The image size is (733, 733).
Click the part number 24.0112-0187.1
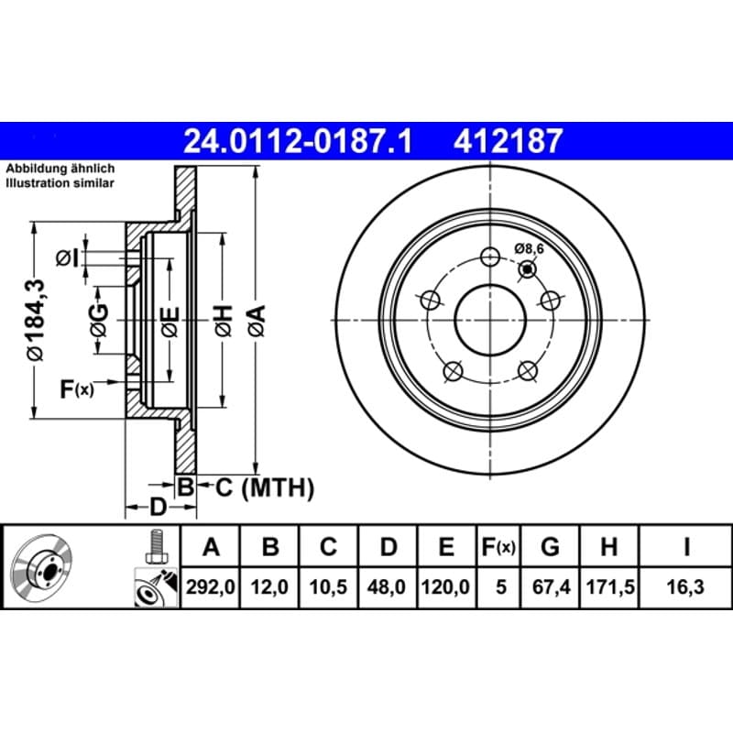(298, 141)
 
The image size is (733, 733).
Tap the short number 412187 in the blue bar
(508, 141)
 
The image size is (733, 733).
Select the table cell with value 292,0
(211, 586)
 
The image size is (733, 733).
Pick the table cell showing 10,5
(328, 586)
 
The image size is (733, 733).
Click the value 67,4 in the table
(551, 586)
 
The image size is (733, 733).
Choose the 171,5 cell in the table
(609, 586)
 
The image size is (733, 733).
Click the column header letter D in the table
(388, 546)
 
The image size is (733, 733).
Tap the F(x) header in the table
(498, 546)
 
